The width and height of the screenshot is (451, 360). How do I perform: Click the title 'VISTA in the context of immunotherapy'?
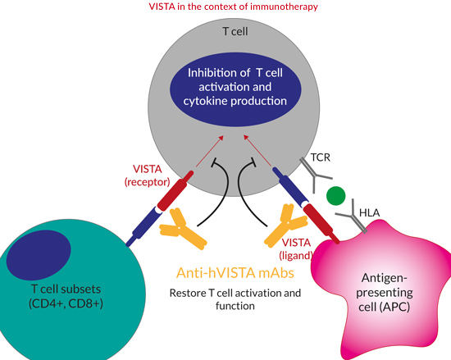233,7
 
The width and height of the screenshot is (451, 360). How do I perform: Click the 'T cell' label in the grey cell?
235,31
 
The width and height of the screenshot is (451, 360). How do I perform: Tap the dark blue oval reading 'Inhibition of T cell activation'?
235,88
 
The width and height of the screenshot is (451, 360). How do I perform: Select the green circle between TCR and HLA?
335,196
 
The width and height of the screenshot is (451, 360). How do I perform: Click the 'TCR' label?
321,157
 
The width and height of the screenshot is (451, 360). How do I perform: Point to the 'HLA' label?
370,212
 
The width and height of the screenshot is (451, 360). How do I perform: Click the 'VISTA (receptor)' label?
148,175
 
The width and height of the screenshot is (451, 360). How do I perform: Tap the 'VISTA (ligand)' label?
296,249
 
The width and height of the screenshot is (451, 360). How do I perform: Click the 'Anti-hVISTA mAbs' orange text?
235,273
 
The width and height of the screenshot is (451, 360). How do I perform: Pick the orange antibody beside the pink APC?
285,226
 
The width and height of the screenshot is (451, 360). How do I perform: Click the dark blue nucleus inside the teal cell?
39,255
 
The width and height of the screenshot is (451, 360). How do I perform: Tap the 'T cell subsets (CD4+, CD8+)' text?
66,296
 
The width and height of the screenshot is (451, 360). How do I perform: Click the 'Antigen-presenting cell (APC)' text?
385,293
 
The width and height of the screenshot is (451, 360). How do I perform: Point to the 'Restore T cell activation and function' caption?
235,299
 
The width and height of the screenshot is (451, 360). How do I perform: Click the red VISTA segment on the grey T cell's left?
175,190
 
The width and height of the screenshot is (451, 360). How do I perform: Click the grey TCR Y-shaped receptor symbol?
314,175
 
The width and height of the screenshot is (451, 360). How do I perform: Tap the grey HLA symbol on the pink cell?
353,218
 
